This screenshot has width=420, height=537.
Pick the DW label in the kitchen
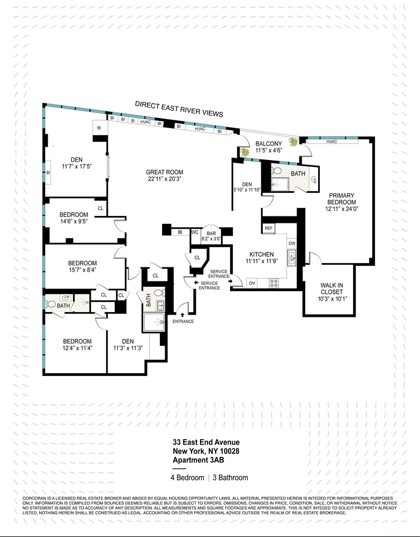pyautogui.click(x=292, y=244)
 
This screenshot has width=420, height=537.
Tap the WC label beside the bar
pyautogui.click(x=195, y=233)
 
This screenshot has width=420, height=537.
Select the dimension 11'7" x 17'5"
pyautogui.click(x=74, y=166)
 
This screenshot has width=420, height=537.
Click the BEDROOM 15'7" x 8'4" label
pyautogui.click(x=82, y=266)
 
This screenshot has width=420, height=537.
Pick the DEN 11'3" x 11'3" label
pyautogui.click(x=127, y=344)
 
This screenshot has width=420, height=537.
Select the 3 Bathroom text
pyautogui.click(x=231, y=477)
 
